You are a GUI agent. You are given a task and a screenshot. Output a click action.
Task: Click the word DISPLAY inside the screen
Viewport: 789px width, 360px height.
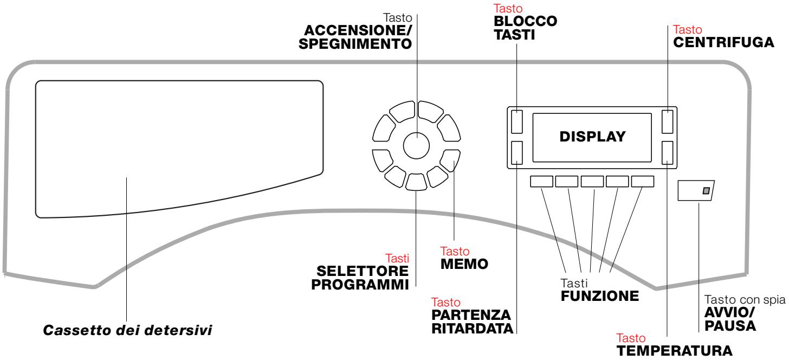click(x=592, y=137)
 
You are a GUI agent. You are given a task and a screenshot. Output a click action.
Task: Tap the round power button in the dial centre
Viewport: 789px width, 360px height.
click(x=416, y=145)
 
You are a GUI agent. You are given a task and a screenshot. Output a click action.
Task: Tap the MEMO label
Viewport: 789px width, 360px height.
click(x=464, y=264)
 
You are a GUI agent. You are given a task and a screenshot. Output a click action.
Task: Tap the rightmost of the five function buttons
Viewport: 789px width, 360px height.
click(x=643, y=181)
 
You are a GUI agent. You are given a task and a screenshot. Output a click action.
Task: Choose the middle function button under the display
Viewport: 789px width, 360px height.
click(x=592, y=181)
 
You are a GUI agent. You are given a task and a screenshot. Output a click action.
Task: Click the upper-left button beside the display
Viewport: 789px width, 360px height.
click(x=517, y=121)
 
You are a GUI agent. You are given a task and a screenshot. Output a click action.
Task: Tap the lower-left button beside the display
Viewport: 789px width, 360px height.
click(x=517, y=152)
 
